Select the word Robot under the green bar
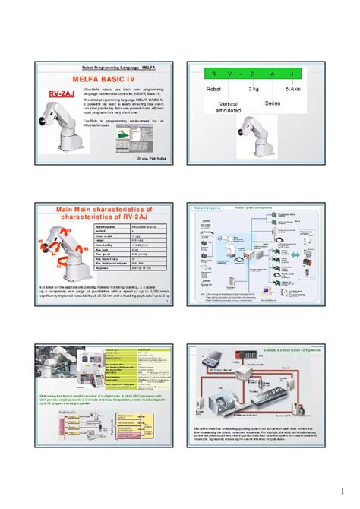[215, 89]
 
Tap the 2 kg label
[255, 89]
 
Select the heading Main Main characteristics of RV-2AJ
[106, 212]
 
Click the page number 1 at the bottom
[343, 488]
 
